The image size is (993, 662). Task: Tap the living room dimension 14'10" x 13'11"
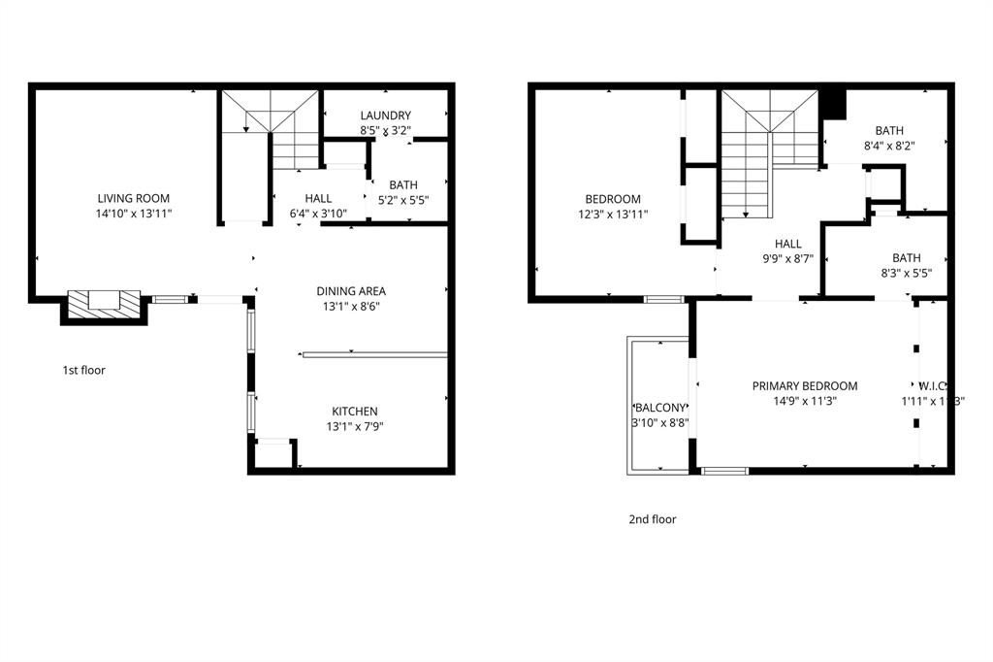[134, 213]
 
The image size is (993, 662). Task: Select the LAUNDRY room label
[385, 116]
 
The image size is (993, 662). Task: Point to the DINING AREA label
[351, 291]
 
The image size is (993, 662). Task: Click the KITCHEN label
[355, 412]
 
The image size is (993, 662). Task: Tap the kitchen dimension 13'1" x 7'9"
[355, 426]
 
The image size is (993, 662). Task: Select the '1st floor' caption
[83, 370]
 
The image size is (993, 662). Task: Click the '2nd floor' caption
[652, 519]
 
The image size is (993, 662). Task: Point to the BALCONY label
[660, 408]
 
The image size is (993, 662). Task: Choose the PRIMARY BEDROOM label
[805, 386]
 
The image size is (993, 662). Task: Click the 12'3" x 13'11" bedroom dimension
[613, 215]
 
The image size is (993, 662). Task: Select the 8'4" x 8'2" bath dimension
[889, 146]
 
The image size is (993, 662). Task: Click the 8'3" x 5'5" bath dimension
[907, 273]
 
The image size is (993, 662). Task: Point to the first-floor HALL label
[318, 199]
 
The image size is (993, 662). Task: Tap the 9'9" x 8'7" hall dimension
[788, 259]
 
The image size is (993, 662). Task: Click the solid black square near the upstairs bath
[833, 103]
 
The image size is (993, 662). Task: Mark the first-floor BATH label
[402, 185]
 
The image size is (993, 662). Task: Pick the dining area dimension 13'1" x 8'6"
[351, 306]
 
